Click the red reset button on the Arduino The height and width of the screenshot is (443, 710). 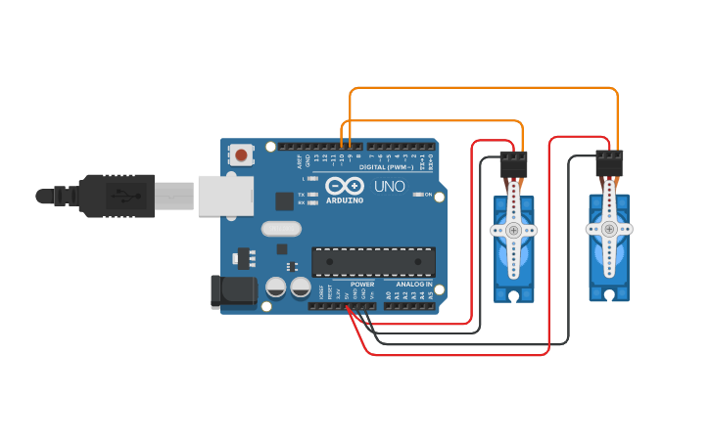[x=241, y=155]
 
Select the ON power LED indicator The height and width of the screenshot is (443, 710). [x=418, y=195]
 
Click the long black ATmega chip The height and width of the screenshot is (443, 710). [x=373, y=261]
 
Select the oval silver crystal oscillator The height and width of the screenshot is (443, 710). [x=282, y=229]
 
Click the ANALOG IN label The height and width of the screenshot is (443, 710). [x=414, y=285]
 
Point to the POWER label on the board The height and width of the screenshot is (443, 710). [x=361, y=285]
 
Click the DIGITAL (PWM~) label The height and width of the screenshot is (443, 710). [x=387, y=167]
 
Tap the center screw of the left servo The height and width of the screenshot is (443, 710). [x=513, y=231]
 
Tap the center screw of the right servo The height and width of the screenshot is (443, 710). [x=608, y=229]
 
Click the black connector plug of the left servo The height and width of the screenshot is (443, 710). [x=513, y=164]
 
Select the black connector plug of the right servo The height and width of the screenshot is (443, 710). [x=609, y=163]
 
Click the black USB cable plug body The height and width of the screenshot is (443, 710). [x=118, y=195]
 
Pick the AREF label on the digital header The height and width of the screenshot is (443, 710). [x=296, y=158]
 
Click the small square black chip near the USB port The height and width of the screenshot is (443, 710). [x=284, y=201]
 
